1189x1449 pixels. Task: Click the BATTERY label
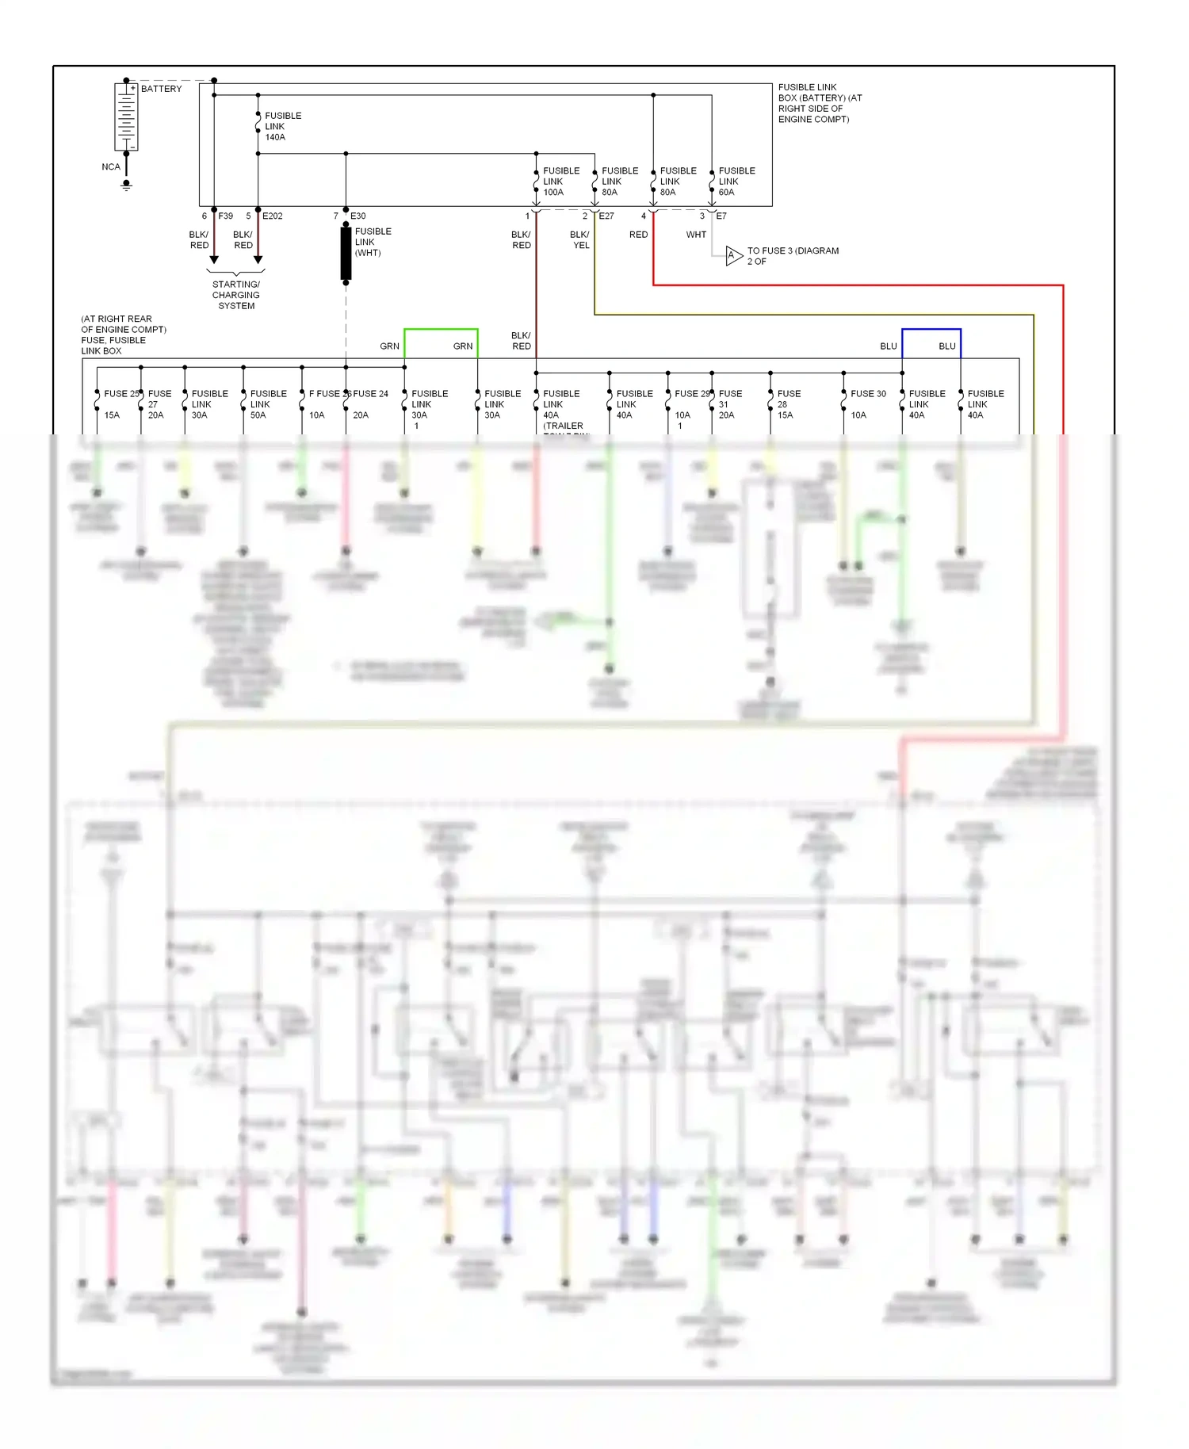click(161, 89)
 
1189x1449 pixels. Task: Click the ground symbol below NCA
click(126, 185)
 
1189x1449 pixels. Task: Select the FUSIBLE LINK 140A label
click(282, 127)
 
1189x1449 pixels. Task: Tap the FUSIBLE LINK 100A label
click(560, 182)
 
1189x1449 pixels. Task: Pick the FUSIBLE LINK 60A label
click(736, 182)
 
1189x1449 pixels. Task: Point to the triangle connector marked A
click(733, 255)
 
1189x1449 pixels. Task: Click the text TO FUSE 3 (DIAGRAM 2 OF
click(792, 256)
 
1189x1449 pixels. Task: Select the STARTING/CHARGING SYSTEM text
click(235, 295)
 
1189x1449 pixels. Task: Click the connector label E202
click(272, 216)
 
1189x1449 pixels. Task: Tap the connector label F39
click(225, 216)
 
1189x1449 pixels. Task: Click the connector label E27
click(606, 216)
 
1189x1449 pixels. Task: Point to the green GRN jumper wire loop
click(441, 330)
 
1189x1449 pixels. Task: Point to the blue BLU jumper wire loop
click(931, 330)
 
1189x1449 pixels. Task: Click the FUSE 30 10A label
click(867, 404)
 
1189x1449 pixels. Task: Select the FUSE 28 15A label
click(788, 404)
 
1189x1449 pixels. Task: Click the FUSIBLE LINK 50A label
click(267, 404)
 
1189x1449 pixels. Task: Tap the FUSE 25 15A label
click(119, 403)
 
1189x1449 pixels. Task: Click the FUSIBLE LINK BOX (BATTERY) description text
click(819, 103)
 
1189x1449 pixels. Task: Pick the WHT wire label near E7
click(696, 235)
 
